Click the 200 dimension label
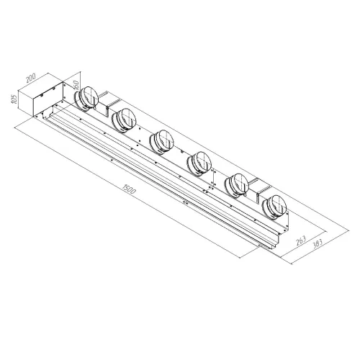click(31, 78)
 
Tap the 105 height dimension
click(14, 99)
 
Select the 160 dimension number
click(76, 84)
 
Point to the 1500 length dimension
click(130, 189)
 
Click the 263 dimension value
click(301, 240)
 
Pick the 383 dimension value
click(318, 244)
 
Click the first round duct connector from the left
click(86, 99)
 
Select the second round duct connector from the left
click(124, 120)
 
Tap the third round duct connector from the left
click(161, 142)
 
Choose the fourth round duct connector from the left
click(199, 163)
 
